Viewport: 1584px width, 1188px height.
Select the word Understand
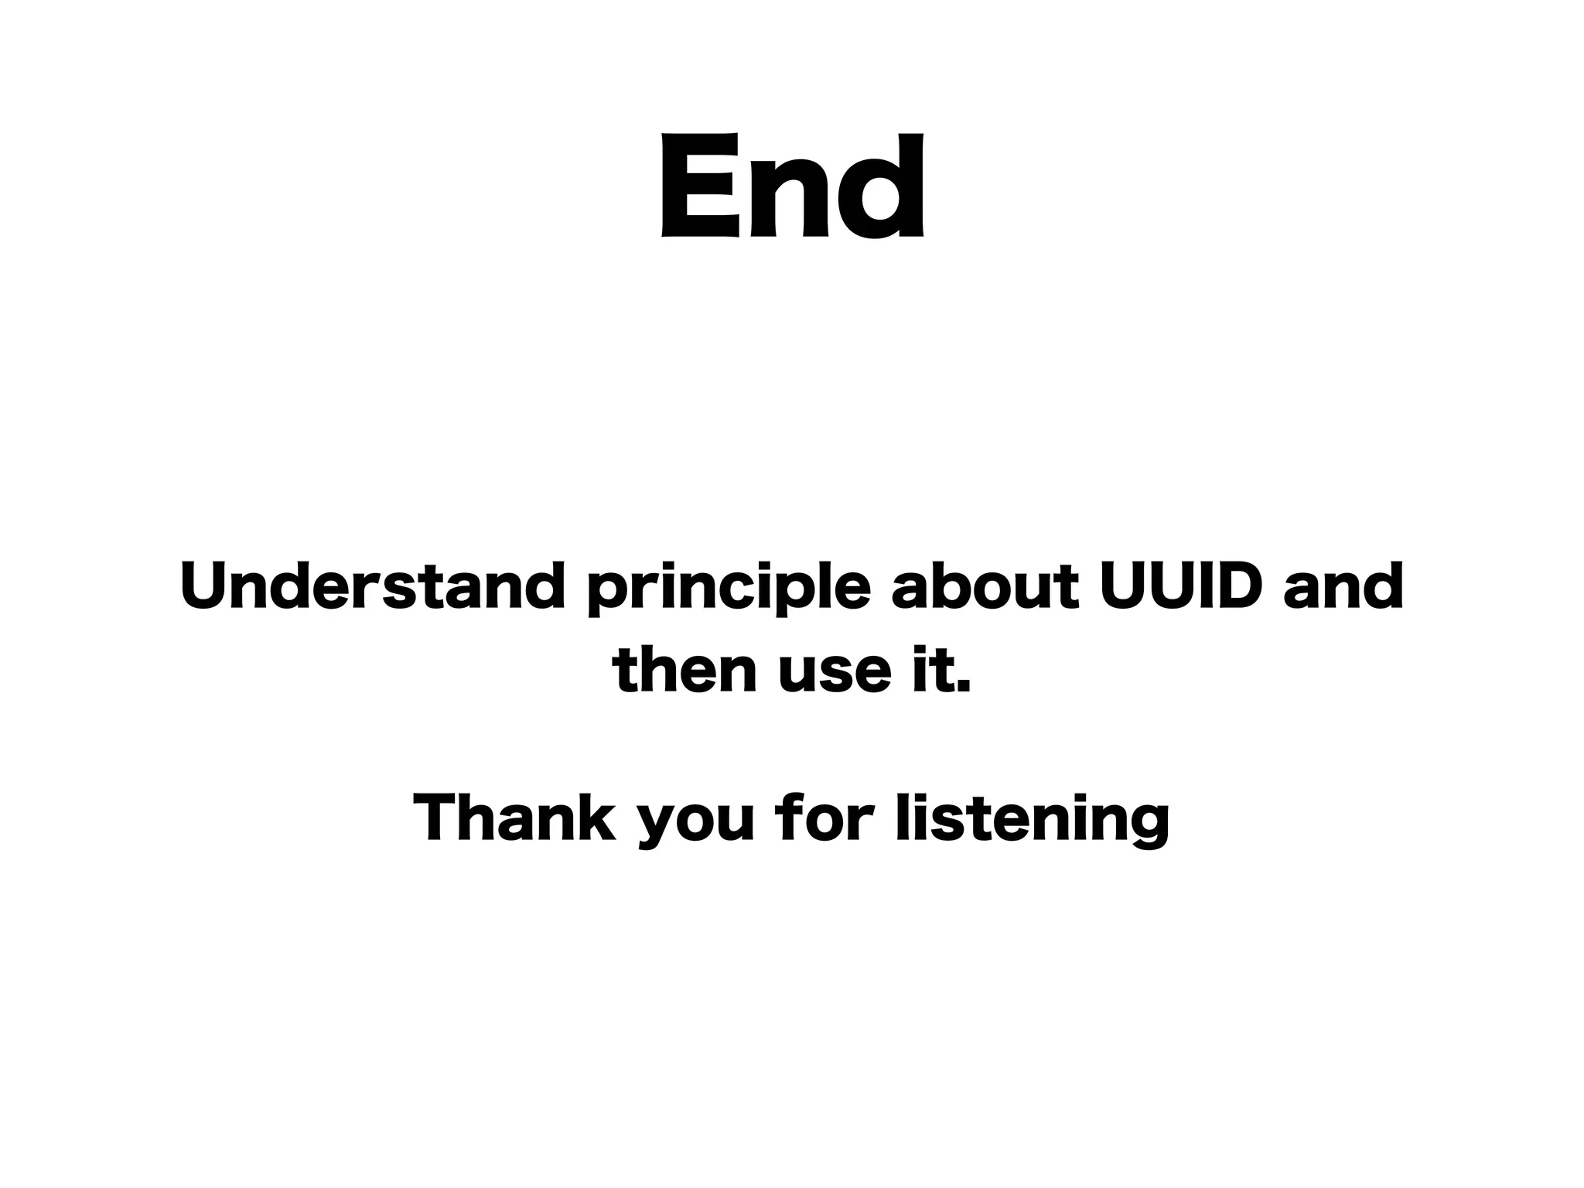tap(372, 585)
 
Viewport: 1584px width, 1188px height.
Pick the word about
tap(984, 585)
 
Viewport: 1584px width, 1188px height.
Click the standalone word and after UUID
tap(1343, 585)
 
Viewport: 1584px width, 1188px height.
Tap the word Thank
tap(514, 818)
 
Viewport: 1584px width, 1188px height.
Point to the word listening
tap(1032, 820)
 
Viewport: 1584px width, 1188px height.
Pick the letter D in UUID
tap(1237, 585)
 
